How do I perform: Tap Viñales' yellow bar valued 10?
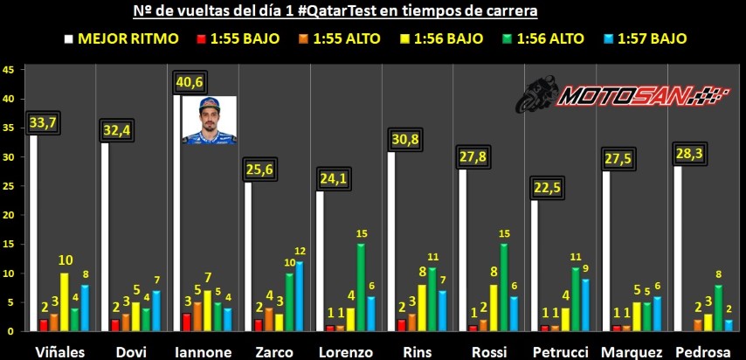click(64, 301)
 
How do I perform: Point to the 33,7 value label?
click(43, 122)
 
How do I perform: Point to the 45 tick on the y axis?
click(8, 70)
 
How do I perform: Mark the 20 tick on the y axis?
click(8, 215)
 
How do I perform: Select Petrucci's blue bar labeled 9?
click(584, 305)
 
